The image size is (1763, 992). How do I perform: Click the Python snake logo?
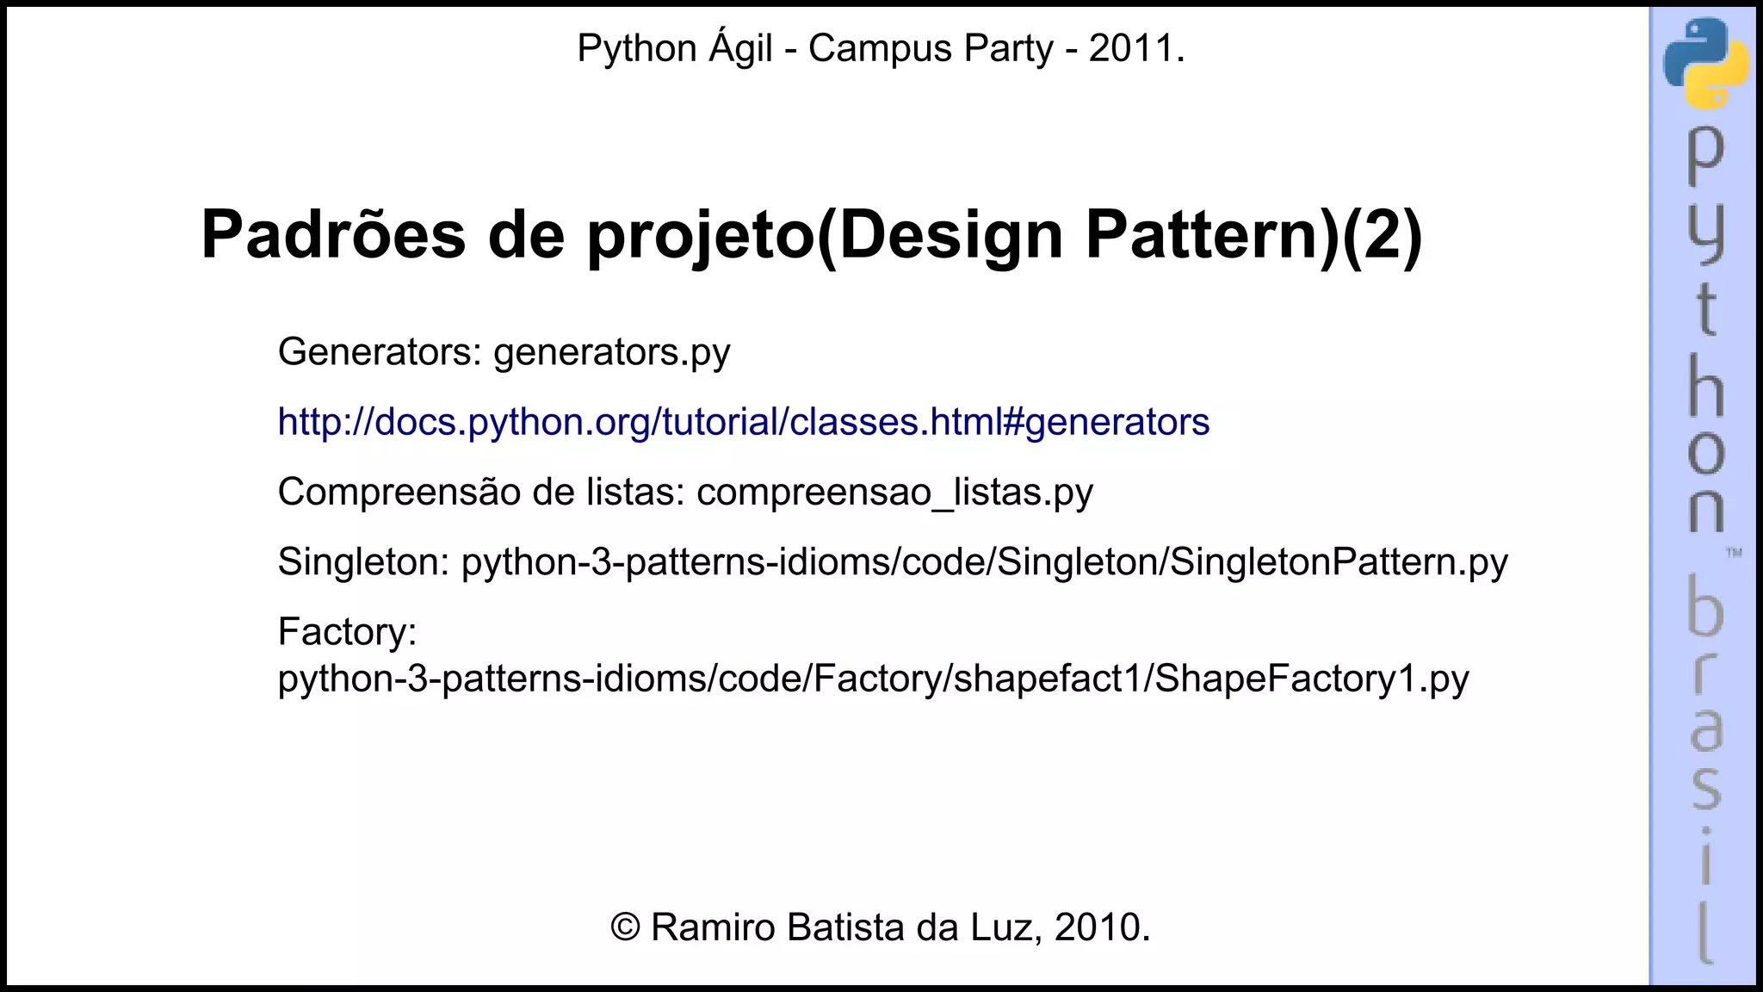[x=1705, y=63]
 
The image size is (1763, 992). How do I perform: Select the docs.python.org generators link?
[x=743, y=422]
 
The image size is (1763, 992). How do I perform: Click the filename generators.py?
[x=611, y=352]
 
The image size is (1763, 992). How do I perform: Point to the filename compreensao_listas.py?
[x=894, y=493]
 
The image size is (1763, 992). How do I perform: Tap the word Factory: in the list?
[x=347, y=632]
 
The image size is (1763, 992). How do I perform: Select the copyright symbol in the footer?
[x=626, y=927]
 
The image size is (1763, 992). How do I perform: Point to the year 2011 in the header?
[x=1131, y=48]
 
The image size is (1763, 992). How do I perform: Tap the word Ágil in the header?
[x=740, y=48]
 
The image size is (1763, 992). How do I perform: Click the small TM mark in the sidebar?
[x=1734, y=552]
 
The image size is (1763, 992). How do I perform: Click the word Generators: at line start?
[x=380, y=352]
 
